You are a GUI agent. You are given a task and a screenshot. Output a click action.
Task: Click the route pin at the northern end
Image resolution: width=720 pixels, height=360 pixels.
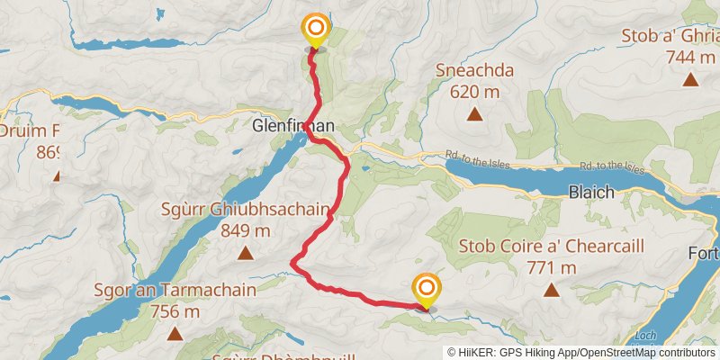coord(315,30)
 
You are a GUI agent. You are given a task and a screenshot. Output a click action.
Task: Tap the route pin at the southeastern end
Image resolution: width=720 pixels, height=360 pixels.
coord(426,290)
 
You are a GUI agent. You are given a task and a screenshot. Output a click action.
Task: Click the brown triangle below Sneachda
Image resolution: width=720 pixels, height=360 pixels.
coord(473,113)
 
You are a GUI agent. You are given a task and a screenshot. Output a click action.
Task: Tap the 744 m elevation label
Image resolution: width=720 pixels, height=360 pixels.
coord(689,57)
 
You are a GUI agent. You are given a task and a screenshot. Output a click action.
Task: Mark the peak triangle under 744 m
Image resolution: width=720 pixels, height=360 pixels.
coord(690,79)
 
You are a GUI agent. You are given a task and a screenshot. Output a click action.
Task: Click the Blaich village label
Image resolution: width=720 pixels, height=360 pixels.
coord(591,192)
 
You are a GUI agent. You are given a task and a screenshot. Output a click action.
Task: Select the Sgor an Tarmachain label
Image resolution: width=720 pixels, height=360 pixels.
coord(175,291)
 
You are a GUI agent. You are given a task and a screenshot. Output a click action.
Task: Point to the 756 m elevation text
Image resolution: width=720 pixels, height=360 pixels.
coord(175,311)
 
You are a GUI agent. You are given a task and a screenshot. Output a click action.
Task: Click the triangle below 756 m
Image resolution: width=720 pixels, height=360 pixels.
coord(175,334)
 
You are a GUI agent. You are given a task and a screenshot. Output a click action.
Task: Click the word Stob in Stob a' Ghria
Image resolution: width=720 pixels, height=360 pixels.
coord(640,37)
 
